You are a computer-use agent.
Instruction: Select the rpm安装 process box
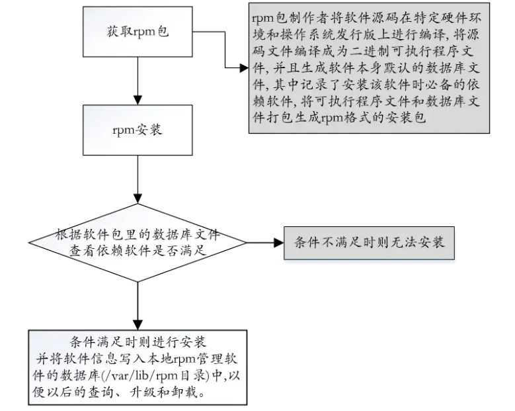click(137, 130)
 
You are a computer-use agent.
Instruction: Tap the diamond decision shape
click(137, 242)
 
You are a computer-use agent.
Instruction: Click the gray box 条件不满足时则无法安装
click(369, 242)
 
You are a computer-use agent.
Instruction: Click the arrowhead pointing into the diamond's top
click(137, 199)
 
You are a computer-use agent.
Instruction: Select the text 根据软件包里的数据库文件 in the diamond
click(137, 234)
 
